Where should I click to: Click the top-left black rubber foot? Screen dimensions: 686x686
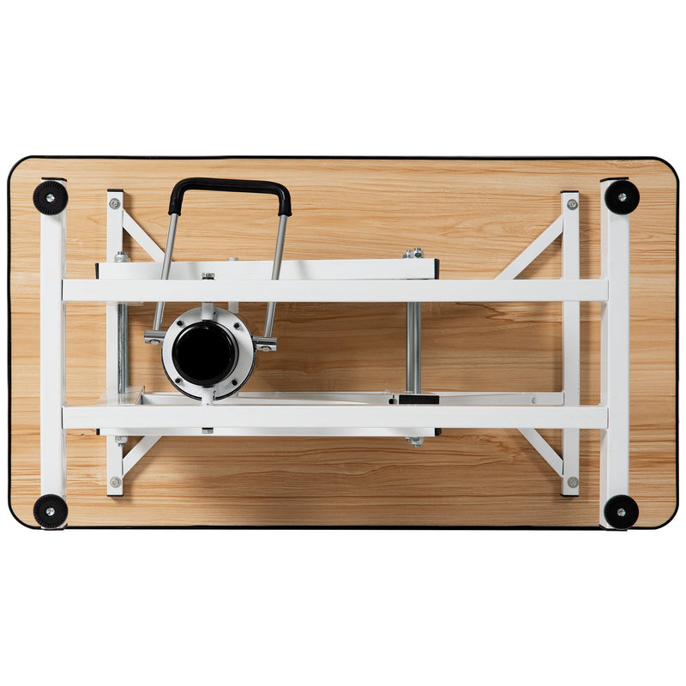pyautogui.click(x=50, y=197)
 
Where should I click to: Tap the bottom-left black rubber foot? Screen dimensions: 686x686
pyautogui.click(x=50, y=511)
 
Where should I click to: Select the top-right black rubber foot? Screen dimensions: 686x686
pyautogui.click(x=622, y=197)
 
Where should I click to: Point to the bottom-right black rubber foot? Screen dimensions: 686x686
pyautogui.click(x=621, y=512)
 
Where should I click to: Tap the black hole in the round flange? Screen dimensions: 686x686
pyautogui.click(x=204, y=352)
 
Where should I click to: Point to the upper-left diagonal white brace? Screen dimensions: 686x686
pyautogui.click(x=142, y=237)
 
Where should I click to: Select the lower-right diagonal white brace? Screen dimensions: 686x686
pyautogui.click(x=539, y=450)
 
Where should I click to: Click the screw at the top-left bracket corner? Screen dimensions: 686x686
pyautogui.click(x=115, y=203)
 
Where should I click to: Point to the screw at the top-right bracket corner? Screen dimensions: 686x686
pyautogui.click(x=571, y=204)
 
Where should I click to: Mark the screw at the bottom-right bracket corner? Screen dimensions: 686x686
pyautogui.click(x=571, y=482)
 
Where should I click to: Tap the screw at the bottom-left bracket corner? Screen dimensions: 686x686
pyautogui.click(x=115, y=482)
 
